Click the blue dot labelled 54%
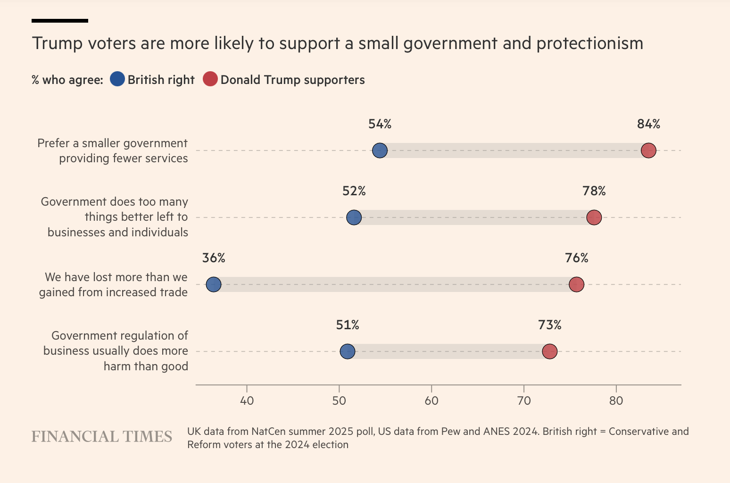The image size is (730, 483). tap(380, 150)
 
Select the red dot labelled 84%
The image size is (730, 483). tap(648, 150)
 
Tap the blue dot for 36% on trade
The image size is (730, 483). tap(214, 284)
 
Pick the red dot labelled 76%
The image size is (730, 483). tap(576, 284)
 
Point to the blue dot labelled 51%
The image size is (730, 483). tap(347, 351)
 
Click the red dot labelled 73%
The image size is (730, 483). tap(549, 351)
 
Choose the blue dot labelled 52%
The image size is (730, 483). tap(354, 217)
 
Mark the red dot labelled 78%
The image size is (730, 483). tap(594, 217)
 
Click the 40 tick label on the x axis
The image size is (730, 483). tap(247, 401)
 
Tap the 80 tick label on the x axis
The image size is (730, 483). tap(616, 401)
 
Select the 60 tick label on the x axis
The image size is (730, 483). tap(431, 401)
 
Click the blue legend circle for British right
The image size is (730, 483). tap(117, 79)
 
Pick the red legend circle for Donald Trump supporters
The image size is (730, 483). tap(210, 79)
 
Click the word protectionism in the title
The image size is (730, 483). tap(589, 43)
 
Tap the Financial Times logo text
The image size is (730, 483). tap(102, 437)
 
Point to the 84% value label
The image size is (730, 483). tap(648, 124)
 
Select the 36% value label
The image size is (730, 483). tap(214, 258)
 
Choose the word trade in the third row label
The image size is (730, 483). tap(174, 292)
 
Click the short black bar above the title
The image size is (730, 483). tap(60, 21)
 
